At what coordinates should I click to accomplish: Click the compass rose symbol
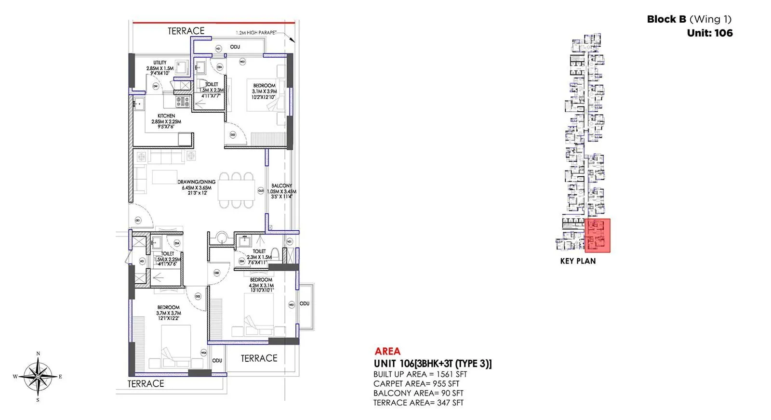click(38, 376)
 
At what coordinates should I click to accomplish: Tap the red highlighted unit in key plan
click(597, 236)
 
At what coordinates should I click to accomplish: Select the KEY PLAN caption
click(578, 261)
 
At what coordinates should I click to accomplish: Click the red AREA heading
click(387, 352)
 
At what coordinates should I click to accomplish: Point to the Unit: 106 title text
click(709, 33)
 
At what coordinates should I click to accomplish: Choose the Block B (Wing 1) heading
click(689, 19)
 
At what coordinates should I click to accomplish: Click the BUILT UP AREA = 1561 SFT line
click(420, 374)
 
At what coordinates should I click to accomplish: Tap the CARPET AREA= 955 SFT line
click(416, 384)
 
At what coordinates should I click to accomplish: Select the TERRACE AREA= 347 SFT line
click(418, 403)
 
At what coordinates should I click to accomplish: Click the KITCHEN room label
click(166, 116)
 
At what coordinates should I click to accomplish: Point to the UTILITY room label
click(160, 63)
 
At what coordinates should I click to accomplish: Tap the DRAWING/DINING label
click(196, 182)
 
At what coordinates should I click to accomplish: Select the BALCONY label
click(281, 185)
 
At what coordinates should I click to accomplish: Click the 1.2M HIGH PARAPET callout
click(256, 33)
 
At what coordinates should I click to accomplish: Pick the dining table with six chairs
click(236, 190)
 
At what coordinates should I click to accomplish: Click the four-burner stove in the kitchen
click(182, 102)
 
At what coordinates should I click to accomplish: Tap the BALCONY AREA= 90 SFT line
click(418, 394)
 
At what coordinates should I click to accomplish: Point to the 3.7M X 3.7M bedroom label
click(168, 313)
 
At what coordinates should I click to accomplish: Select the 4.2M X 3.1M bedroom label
click(261, 285)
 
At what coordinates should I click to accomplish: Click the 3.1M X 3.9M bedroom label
click(264, 92)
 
